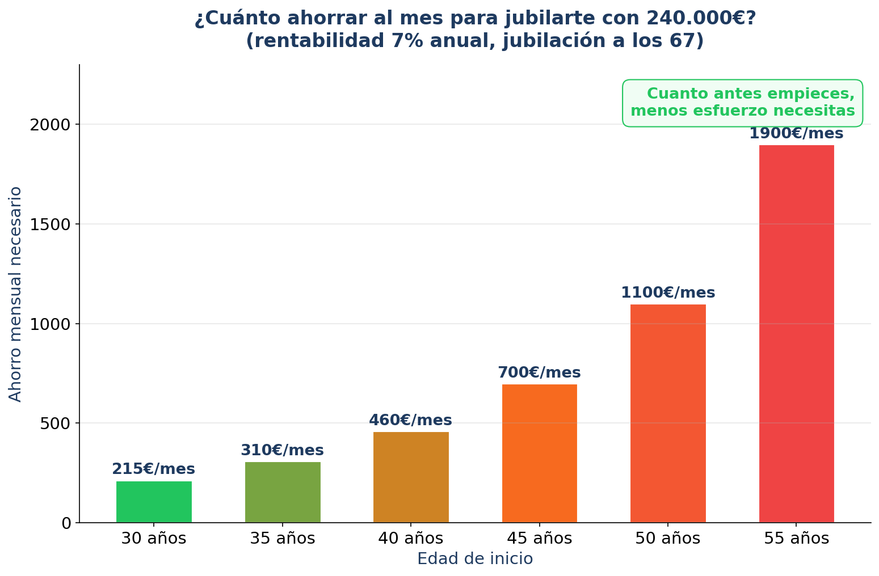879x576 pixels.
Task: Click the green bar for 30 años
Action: [x=154, y=502]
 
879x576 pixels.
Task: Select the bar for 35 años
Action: [x=283, y=492]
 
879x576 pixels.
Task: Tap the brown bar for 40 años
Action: [x=411, y=477]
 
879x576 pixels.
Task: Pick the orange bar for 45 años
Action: [x=539, y=453]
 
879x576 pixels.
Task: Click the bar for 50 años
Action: [x=668, y=413]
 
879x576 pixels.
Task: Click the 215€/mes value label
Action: [x=153, y=469]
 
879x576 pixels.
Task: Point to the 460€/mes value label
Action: [x=410, y=421]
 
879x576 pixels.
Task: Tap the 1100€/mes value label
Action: [x=668, y=293]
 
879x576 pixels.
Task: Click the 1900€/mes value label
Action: [x=796, y=134]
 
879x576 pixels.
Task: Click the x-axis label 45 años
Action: [x=539, y=539]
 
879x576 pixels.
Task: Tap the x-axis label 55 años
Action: [x=796, y=539]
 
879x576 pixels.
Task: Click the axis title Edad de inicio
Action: [x=475, y=559]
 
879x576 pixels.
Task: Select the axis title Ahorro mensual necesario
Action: [x=16, y=294]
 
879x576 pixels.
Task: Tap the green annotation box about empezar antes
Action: [x=742, y=103]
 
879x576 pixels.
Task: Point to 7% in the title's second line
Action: [x=402, y=41]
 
